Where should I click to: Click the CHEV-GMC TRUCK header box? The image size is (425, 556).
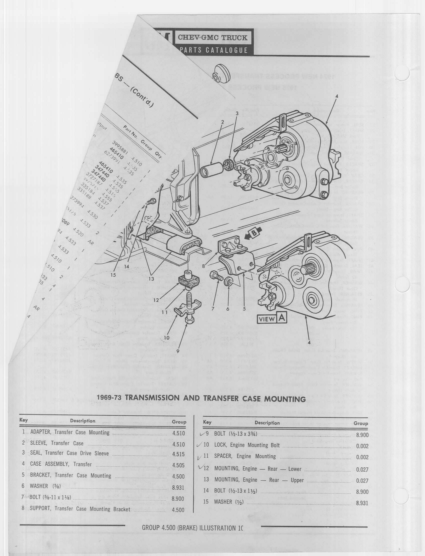click(212, 38)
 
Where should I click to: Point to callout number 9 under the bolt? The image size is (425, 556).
click(178, 351)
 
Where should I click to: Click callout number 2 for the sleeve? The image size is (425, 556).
click(222, 122)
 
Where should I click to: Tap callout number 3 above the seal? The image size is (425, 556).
click(237, 114)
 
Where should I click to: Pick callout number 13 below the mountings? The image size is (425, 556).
click(151, 279)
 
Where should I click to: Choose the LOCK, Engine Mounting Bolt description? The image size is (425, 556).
click(247, 445)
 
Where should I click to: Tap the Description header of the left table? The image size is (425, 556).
click(82, 421)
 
